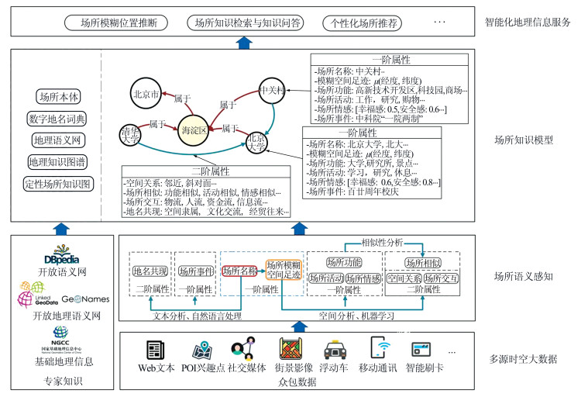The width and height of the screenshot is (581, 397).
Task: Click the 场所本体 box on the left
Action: [x=58, y=98]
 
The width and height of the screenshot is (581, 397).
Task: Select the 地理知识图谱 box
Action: [x=58, y=162]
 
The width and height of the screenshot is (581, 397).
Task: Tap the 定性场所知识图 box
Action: [x=58, y=184]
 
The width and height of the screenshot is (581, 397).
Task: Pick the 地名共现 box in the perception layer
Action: [x=150, y=271]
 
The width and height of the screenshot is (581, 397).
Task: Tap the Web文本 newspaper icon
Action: [x=154, y=349]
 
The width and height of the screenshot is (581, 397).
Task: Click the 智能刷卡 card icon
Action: [x=422, y=349]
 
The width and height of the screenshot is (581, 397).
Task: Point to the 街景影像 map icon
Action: [x=291, y=349]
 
